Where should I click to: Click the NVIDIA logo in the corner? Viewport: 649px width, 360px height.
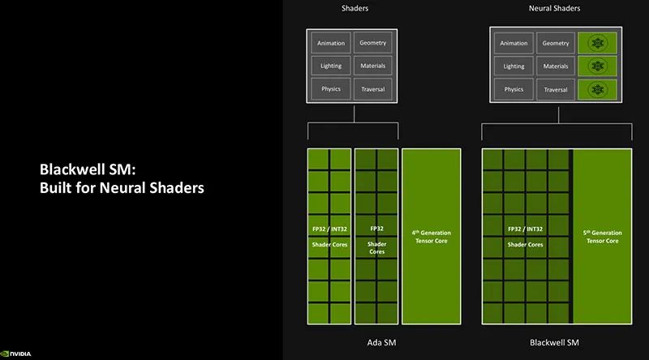(15, 354)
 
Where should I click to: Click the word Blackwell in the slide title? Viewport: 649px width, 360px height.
(72, 169)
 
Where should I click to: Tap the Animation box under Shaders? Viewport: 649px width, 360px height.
(331, 43)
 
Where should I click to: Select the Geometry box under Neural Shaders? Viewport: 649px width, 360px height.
(556, 43)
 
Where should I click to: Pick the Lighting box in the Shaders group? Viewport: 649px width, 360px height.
(331, 66)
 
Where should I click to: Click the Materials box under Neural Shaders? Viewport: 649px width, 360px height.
(556, 66)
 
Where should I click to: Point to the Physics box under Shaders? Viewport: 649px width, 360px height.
(331, 89)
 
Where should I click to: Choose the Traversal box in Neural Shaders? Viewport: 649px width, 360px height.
(556, 89)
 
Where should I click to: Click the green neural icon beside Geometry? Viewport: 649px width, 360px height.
(597, 43)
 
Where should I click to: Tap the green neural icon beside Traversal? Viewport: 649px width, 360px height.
(597, 89)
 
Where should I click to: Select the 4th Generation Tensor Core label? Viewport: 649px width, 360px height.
(432, 237)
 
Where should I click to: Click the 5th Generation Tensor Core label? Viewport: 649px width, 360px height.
(602, 237)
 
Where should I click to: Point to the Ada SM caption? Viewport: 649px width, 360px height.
(381, 343)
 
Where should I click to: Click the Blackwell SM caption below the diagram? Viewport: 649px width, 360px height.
(554, 343)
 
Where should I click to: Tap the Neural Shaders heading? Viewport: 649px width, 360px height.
(554, 8)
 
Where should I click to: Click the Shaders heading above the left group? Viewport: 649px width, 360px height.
(355, 8)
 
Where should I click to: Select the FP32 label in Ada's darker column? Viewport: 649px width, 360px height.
(376, 229)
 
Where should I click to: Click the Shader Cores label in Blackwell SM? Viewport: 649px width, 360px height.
(525, 245)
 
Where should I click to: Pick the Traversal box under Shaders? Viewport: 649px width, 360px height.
(373, 89)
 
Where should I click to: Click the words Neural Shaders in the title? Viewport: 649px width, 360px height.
(152, 188)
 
